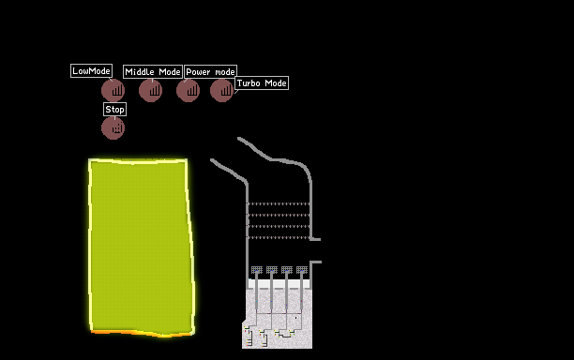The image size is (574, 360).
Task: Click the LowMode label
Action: pyautogui.click(x=91, y=70)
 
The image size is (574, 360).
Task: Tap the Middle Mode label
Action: pyautogui.click(x=153, y=71)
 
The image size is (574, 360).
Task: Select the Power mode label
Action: pyautogui.click(x=210, y=71)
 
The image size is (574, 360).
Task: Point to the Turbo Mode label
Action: pyautogui.click(x=262, y=83)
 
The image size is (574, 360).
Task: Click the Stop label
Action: pyautogui.click(x=114, y=109)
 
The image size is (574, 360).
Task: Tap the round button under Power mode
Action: pyautogui.click(x=189, y=90)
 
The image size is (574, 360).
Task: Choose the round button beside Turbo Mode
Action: pyautogui.click(x=222, y=90)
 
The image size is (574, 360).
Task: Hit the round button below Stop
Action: pyautogui.click(x=113, y=128)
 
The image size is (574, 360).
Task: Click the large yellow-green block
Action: pyautogui.click(x=141, y=247)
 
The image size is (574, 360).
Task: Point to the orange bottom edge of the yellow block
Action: pyautogui.click(x=142, y=333)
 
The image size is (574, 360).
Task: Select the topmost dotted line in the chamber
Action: pyautogui.click(x=279, y=203)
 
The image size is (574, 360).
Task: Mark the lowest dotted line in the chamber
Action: pyautogui.click(x=279, y=237)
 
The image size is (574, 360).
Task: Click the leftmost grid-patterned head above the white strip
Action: pyautogui.click(x=257, y=270)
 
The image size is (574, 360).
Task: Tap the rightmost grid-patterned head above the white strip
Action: pyautogui.click(x=302, y=270)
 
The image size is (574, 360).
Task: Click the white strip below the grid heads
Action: pyautogui.click(x=279, y=284)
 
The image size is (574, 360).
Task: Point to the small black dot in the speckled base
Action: pyautogui.click(x=295, y=318)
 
